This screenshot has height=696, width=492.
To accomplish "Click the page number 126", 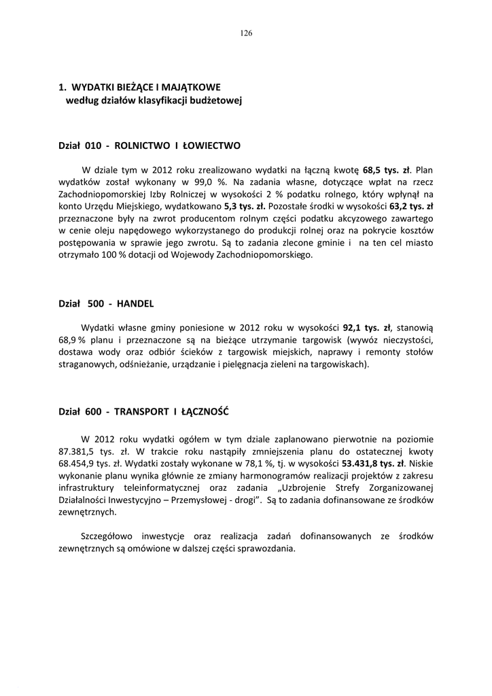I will [x=246, y=33].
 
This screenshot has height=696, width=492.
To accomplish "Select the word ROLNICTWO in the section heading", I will [x=142, y=145].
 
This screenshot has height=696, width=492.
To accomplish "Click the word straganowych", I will [x=85, y=364].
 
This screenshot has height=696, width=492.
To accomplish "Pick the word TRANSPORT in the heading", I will [x=141, y=413].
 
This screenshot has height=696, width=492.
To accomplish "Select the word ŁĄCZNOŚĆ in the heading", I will [x=205, y=413].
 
